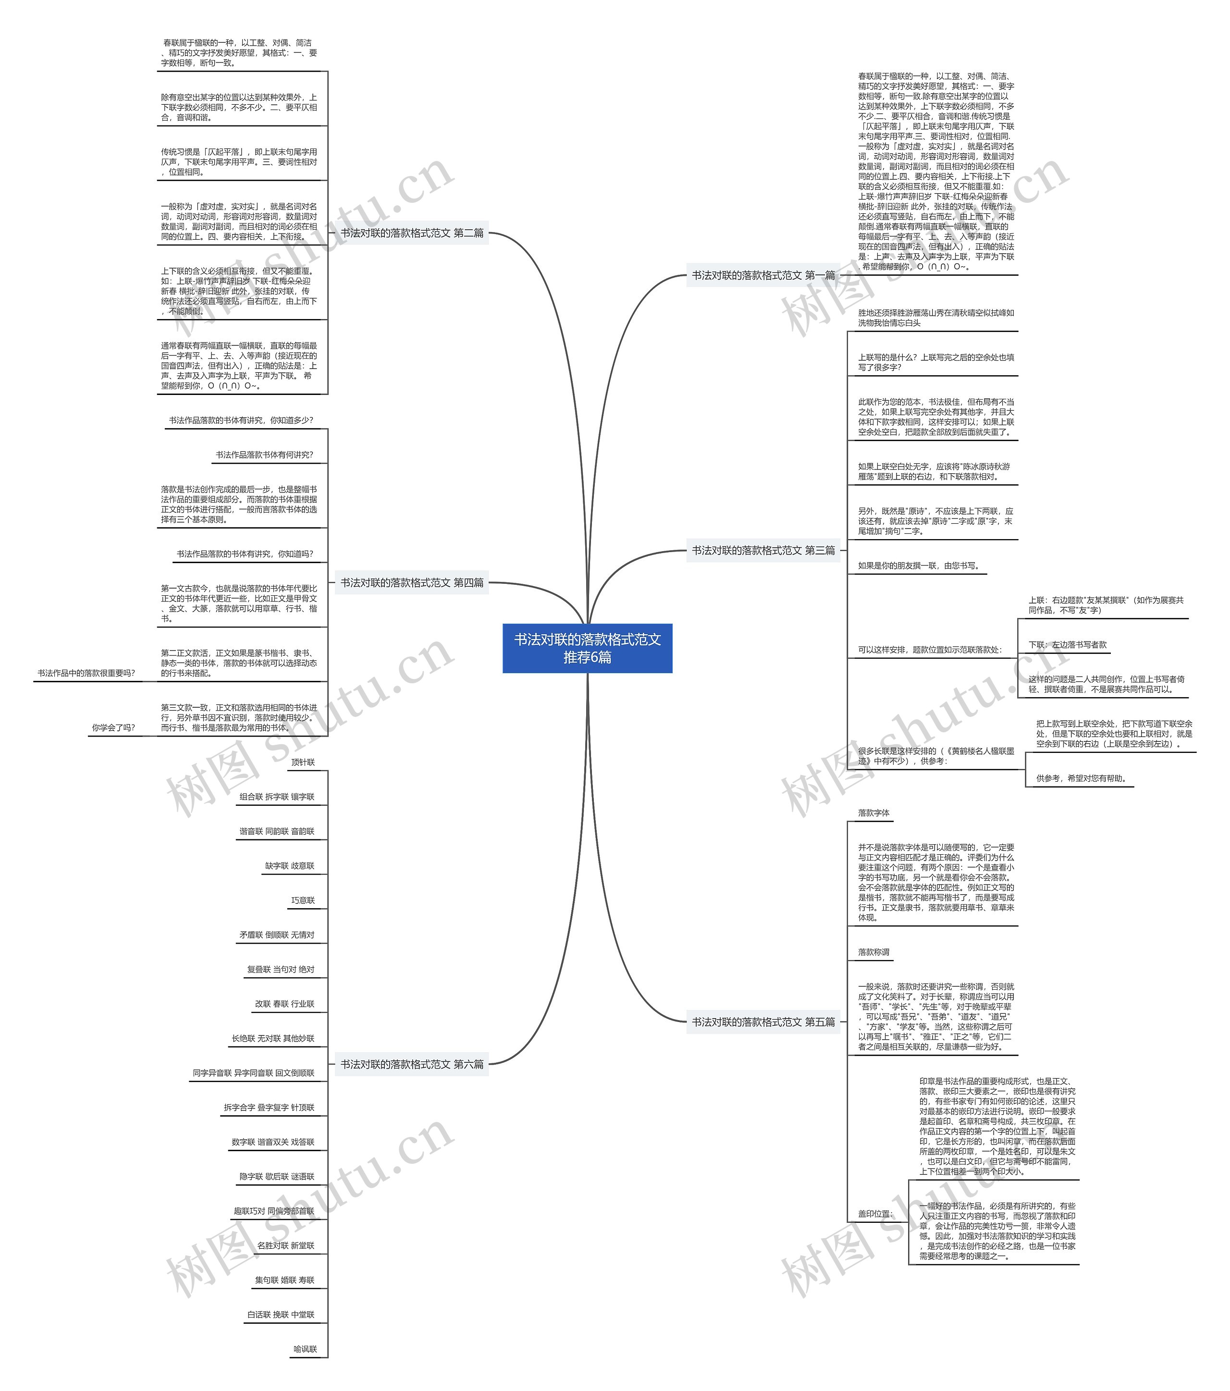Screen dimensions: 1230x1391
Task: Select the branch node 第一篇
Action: pos(763,276)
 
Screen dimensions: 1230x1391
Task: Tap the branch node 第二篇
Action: pos(412,233)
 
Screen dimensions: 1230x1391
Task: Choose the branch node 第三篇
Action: pos(763,550)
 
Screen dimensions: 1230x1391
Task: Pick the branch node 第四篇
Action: pos(412,582)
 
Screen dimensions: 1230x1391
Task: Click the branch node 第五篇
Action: pos(763,1022)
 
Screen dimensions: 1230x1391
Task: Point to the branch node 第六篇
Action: pos(412,1064)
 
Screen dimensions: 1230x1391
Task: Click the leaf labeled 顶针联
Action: pos(303,762)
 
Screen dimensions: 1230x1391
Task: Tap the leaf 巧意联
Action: pos(303,900)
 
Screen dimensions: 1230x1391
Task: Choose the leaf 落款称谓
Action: pos(873,952)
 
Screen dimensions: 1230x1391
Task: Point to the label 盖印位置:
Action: pos(874,1213)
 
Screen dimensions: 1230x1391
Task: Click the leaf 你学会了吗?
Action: pos(114,727)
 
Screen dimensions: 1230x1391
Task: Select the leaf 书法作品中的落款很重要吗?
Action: pos(86,673)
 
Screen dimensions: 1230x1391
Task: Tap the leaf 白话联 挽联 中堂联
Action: pos(281,1314)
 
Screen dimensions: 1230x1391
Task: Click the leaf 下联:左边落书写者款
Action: pos(1067,644)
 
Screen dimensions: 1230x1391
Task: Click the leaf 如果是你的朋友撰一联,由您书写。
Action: pos(918,566)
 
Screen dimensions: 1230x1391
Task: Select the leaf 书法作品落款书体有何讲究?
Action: pos(264,455)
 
